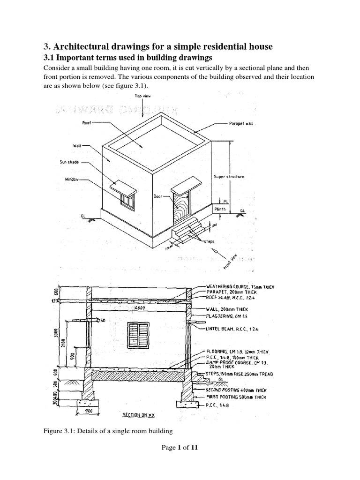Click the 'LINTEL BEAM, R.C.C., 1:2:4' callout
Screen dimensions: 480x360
pyautogui.click(x=232, y=330)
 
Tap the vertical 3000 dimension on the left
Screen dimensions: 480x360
pyautogui.click(x=55, y=333)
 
